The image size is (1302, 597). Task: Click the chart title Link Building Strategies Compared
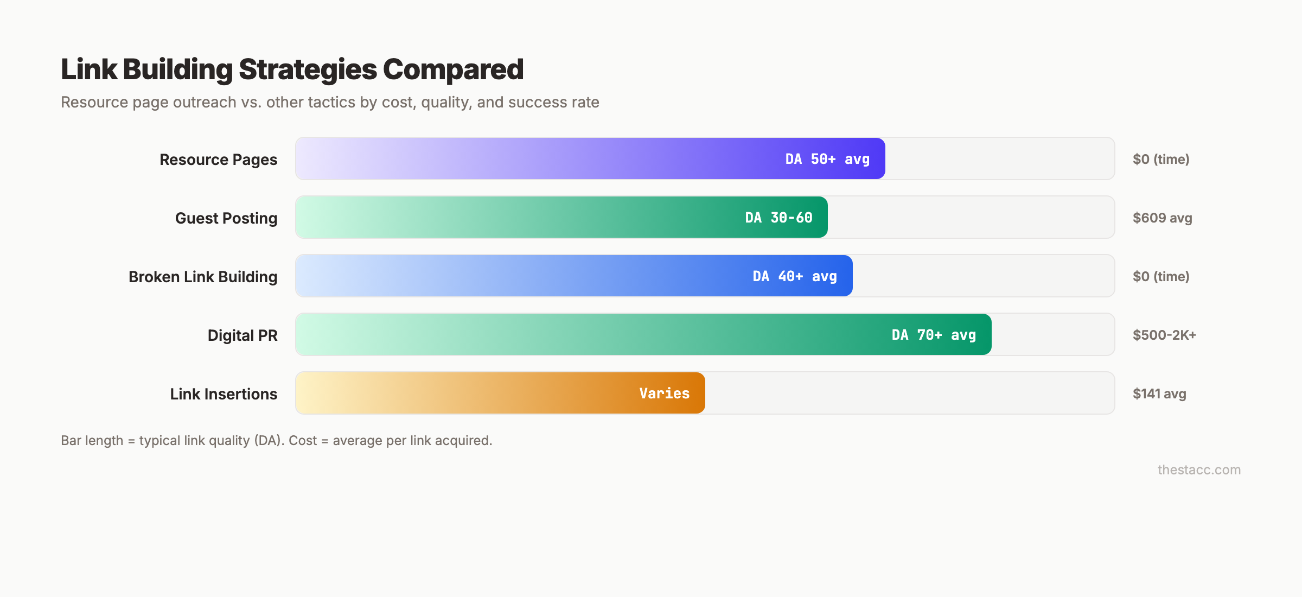[292, 69]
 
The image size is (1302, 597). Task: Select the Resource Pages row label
[218, 160]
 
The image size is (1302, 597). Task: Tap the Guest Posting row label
[226, 218]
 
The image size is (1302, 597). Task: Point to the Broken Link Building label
[203, 277]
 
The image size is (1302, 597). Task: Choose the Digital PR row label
[242, 335]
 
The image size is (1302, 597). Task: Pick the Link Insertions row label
[224, 394]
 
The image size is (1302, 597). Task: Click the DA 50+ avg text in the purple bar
[827, 159]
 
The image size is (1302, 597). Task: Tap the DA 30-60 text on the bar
[778, 218]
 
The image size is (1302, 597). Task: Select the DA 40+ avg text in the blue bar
[795, 276]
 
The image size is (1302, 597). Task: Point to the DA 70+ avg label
[934, 335]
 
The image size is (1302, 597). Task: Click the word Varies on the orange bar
[664, 393]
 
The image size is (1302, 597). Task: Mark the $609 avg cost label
[1162, 218]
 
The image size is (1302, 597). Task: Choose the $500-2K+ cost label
[1164, 335]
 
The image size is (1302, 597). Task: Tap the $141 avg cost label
[1159, 394]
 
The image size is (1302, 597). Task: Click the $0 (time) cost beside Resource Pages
[1161, 160]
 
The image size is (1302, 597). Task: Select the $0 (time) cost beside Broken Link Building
[1161, 277]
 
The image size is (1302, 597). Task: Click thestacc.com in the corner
[1199, 470]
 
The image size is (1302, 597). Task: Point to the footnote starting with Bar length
[276, 441]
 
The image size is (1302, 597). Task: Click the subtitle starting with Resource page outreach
[330, 102]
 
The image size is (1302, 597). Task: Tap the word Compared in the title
[453, 69]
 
